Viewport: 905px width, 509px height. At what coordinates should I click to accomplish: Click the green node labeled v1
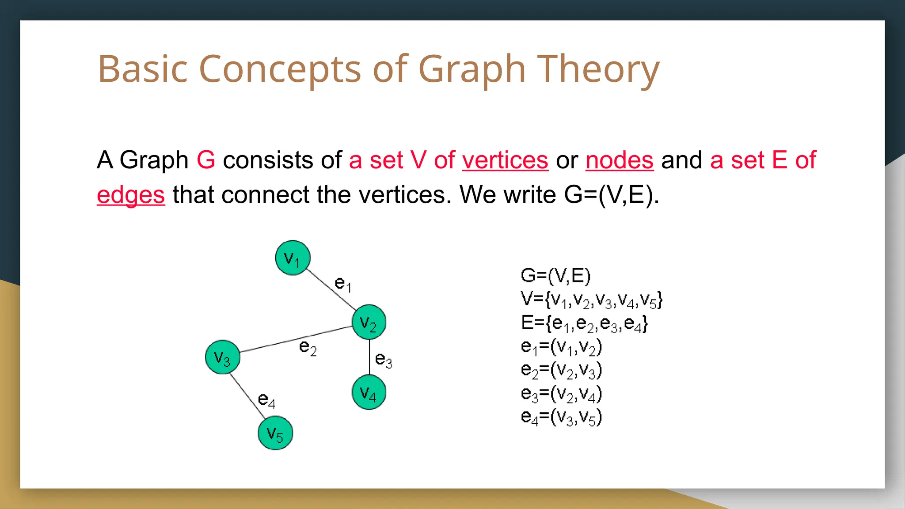[x=293, y=258]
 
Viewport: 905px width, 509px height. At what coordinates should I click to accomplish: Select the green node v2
[x=369, y=322]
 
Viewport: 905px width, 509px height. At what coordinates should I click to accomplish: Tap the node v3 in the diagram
[x=223, y=357]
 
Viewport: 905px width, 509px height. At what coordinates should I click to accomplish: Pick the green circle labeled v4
[x=369, y=392]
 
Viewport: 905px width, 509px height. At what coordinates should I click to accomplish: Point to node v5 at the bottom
[x=275, y=433]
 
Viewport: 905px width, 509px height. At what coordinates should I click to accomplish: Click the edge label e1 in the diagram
[x=343, y=284]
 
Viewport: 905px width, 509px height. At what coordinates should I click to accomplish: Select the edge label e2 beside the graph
[x=308, y=347]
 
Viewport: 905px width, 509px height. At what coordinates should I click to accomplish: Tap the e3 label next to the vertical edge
[x=383, y=360]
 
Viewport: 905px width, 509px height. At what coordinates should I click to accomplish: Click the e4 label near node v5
[x=266, y=400]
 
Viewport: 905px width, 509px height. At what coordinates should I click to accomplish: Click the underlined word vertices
[x=505, y=160]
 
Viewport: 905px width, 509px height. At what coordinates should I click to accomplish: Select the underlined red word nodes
[x=619, y=160]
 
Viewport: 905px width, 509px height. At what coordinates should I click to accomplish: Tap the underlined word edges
[x=131, y=195]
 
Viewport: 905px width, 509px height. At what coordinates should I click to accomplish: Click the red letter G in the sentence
[x=206, y=160]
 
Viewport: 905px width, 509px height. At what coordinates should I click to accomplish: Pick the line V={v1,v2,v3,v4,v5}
[x=592, y=300]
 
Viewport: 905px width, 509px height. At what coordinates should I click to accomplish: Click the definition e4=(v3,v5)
[x=561, y=417]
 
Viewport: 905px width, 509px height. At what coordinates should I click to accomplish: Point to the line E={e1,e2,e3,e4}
[x=584, y=323]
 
